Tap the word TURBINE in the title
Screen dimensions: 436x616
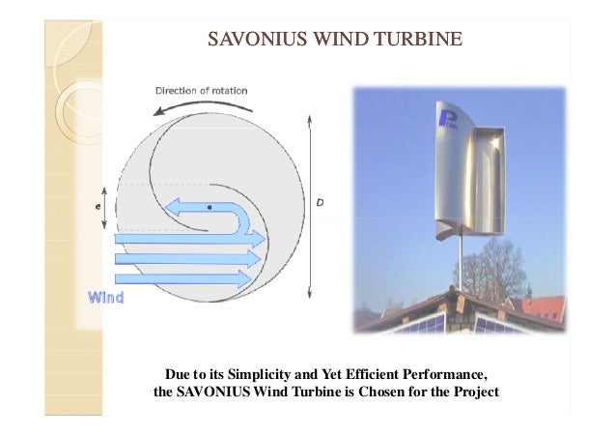pyautogui.click(x=418, y=40)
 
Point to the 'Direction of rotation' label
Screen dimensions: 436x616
pyautogui.click(x=202, y=91)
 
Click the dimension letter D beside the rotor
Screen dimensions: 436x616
pyautogui.click(x=321, y=202)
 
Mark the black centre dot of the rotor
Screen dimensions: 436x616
pyautogui.click(x=209, y=207)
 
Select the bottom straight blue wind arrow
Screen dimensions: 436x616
pyautogui.click(x=183, y=279)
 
